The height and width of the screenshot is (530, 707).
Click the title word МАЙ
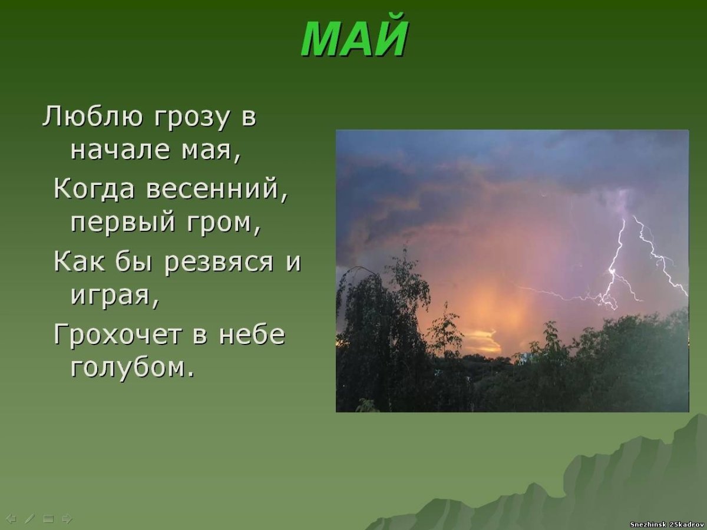pos(354,39)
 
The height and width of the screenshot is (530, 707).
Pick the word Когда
pos(94,189)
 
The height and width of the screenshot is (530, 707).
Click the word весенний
pos(216,189)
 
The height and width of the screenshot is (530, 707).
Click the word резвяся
pos(219,261)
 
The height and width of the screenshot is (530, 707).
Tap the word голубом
pos(131,368)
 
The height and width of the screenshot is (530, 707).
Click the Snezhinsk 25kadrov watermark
pos(666,524)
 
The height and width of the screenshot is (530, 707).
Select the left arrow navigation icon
pos(10,519)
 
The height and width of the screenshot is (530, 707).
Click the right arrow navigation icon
pos(67,519)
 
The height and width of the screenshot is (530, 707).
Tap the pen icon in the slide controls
pos(29,519)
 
